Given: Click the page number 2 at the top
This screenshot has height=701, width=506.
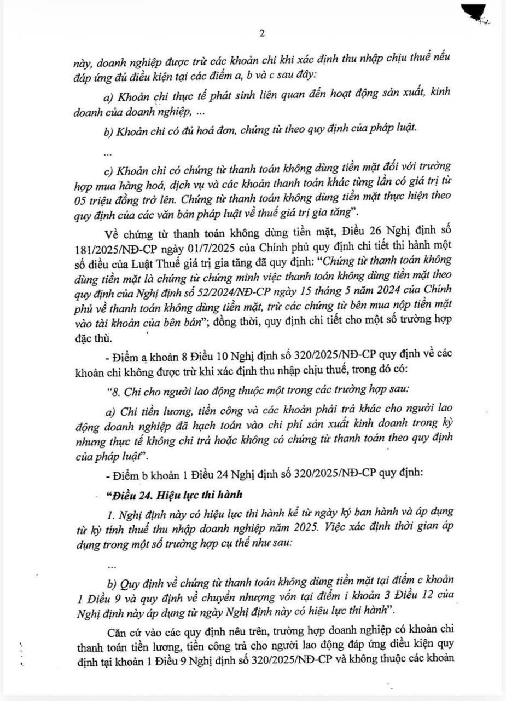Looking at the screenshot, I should pyautogui.click(x=261, y=34).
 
